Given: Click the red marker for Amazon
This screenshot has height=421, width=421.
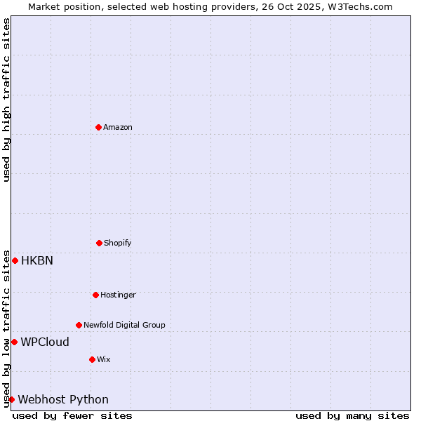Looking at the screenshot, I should click(x=98, y=127).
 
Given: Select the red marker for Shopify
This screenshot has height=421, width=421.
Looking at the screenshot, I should click(x=99, y=243).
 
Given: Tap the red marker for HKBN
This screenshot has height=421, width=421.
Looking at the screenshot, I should click(x=15, y=260).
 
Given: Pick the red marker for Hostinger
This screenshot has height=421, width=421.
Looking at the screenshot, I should click(x=95, y=295).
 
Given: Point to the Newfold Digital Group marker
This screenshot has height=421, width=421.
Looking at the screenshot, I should click(x=79, y=325).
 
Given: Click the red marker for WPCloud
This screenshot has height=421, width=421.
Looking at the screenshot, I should click(x=14, y=342).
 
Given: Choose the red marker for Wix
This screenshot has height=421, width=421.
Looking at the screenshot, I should click(x=92, y=359).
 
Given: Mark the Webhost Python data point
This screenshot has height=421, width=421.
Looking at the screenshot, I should click(x=11, y=399).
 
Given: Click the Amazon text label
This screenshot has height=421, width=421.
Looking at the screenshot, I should click(x=118, y=127).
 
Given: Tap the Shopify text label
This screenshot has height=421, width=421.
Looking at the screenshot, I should click(x=118, y=243).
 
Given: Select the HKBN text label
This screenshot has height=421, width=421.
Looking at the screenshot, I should click(x=37, y=260).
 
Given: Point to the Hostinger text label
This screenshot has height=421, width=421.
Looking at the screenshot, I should click(x=118, y=295).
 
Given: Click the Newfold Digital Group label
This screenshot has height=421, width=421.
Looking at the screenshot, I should click(x=124, y=325).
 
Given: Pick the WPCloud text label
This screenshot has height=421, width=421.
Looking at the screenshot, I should click(x=45, y=342).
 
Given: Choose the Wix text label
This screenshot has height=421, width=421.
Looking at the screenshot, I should click(x=104, y=359).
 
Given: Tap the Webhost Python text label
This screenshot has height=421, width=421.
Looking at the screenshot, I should click(x=63, y=399).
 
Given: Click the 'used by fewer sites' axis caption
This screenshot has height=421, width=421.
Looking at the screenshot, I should click(x=72, y=415).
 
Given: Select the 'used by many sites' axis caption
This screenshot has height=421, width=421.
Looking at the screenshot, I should click(x=352, y=415).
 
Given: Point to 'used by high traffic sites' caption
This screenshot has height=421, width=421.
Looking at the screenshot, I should click(x=6, y=100).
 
